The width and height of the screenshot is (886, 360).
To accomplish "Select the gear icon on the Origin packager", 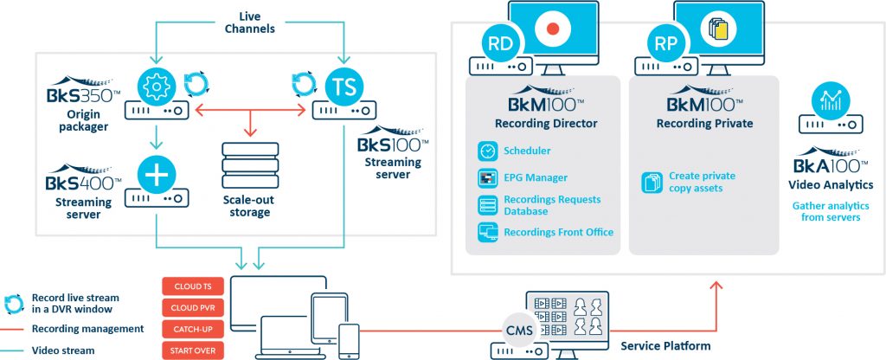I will [157, 85].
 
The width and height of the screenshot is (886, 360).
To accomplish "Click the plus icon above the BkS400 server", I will [157, 176].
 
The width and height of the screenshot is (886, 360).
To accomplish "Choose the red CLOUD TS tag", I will [192, 286].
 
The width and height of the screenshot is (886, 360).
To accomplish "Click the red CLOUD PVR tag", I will [192, 308].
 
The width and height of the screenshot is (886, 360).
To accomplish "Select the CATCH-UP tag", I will [192, 330].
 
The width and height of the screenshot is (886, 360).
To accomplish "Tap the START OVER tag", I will [192, 350].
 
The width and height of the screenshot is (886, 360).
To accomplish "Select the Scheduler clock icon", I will [486, 151].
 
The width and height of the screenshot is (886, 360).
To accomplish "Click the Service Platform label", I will [665, 346].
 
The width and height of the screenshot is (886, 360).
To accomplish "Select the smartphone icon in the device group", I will [349, 340].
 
